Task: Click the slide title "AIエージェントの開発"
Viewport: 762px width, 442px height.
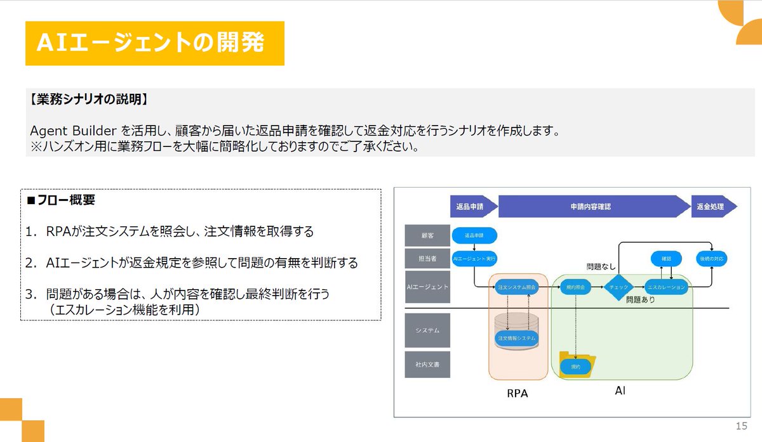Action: (x=150, y=43)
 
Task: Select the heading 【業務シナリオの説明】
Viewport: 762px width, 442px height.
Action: (x=89, y=100)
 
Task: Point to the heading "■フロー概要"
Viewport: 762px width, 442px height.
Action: (x=61, y=200)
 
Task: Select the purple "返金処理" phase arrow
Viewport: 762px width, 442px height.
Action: (x=711, y=207)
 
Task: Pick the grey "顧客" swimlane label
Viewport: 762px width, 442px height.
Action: (x=427, y=235)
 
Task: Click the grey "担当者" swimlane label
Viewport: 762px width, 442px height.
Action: (x=427, y=259)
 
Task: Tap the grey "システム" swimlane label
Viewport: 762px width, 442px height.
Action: (x=427, y=330)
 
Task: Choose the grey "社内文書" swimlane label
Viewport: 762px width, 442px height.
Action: (x=427, y=365)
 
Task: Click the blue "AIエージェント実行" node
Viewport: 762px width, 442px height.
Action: (x=474, y=259)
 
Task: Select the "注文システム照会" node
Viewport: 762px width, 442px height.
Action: (x=517, y=287)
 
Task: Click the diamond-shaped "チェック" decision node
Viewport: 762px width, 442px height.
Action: (x=618, y=287)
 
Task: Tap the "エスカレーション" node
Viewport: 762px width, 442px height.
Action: (x=666, y=287)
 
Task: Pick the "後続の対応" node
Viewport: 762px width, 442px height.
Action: (x=711, y=259)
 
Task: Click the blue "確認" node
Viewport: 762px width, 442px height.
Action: (x=666, y=259)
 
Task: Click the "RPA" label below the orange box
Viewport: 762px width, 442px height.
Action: (x=517, y=393)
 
